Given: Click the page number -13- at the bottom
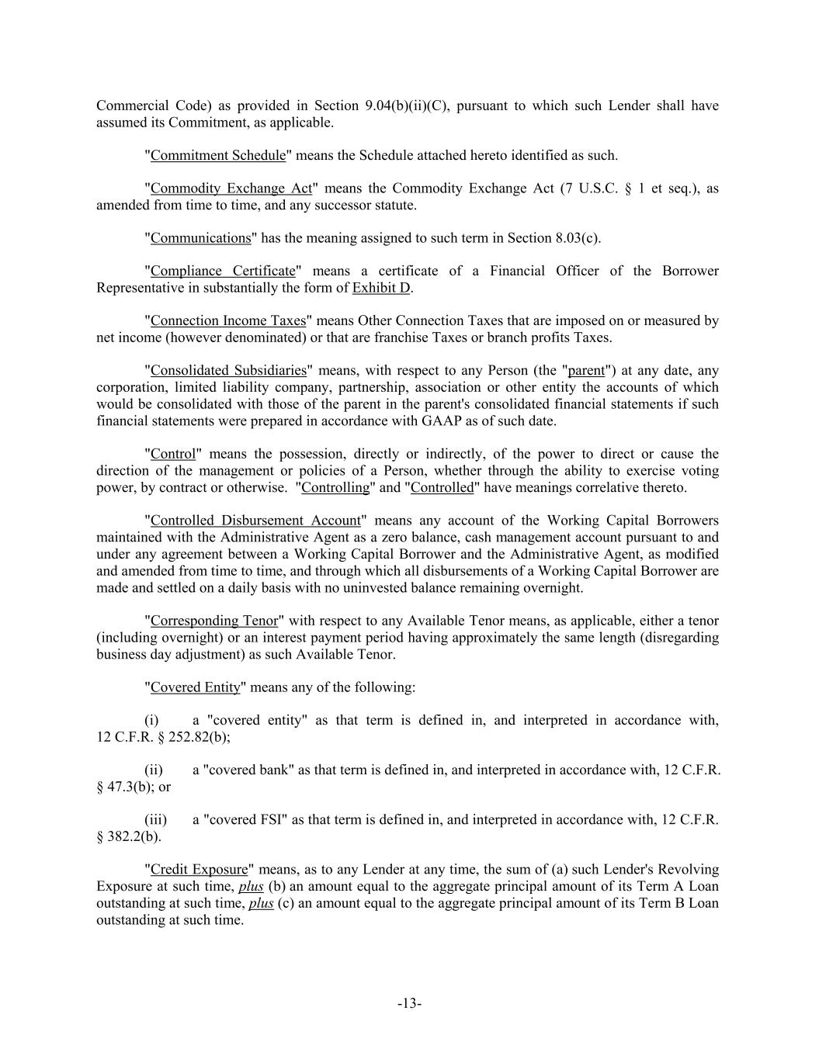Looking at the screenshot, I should tap(409, 1004).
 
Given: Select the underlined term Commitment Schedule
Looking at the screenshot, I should tap(218, 155).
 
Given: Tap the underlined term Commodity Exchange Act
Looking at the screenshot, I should tap(231, 189).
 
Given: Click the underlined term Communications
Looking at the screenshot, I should tap(200, 238).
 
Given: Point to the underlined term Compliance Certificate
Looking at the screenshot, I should tap(223, 271).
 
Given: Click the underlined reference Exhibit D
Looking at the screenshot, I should tap(381, 288).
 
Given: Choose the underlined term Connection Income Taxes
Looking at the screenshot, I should tap(228, 320).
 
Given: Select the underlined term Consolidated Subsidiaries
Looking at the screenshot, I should tap(228, 371).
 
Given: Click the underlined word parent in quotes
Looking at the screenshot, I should tap(586, 371).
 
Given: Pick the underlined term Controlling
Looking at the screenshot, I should tap(335, 488).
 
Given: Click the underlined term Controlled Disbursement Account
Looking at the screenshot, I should tap(255, 521).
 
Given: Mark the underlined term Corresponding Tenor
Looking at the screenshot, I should tap(213, 621).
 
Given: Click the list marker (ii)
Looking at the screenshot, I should tap(154, 770).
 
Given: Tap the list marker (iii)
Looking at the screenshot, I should tap(155, 820).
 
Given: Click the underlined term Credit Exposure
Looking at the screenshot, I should tap(199, 870).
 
